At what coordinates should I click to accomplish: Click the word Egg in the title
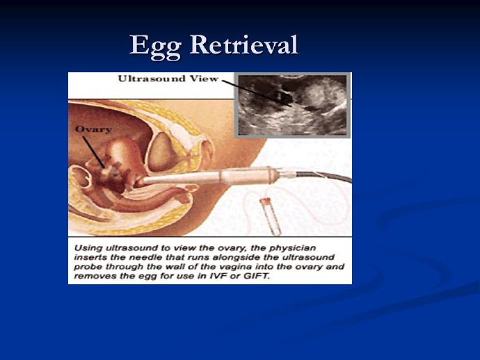pos(156,47)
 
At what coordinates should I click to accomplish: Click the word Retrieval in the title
pos(244,44)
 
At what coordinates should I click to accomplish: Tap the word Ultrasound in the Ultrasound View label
pos(152,79)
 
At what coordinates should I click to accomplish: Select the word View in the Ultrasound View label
pos(204,79)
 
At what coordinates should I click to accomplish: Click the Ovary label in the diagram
pos(93,130)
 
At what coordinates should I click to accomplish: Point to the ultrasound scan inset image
pos(293,105)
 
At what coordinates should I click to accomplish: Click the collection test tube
pos(271,217)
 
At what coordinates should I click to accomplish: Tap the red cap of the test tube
pos(264,201)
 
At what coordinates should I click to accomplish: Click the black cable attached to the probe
pos(324,176)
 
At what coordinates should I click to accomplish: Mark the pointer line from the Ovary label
pos(93,152)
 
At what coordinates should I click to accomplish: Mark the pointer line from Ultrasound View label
pos(256,93)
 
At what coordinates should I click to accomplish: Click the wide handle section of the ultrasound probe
pos(245,176)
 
